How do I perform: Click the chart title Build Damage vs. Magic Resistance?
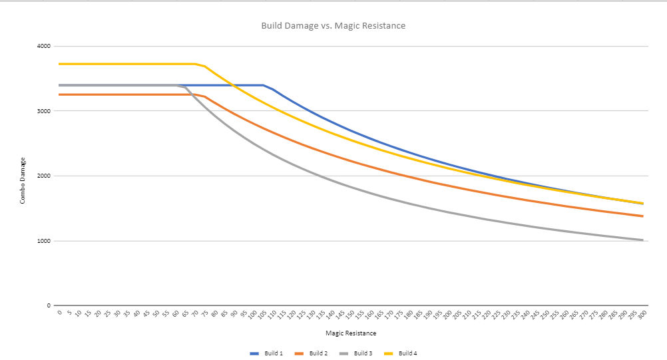[x=333, y=26]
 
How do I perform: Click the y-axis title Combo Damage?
[x=23, y=180]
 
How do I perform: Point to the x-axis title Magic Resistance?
[x=351, y=333]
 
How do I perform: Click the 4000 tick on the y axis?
[x=44, y=47]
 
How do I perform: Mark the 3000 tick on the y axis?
[x=44, y=111]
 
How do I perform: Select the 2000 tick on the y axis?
[x=44, y=176]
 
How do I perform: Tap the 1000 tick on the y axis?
[x=44, y=241]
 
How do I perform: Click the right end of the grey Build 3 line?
[x=643, y=240]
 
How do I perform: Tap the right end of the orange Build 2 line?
[x=643, y=216]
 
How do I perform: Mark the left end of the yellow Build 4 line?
[x=59, y=64]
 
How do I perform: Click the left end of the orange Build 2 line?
[x=59, y=94]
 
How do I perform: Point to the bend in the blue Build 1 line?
[x=264, y=85]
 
